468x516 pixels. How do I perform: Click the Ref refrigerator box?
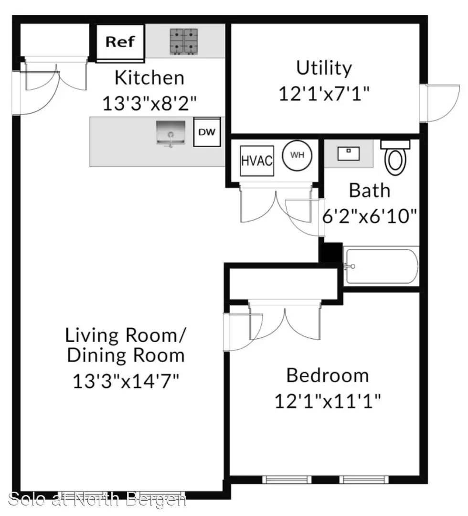[x=120, y=43]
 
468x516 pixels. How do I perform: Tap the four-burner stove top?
[x=184, y=42]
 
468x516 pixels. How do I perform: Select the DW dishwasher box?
[x=207, y=132]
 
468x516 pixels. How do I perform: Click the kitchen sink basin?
[x=170, y=133]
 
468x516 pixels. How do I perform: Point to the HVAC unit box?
[x=257, y=161]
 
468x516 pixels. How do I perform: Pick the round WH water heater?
[x=298, y=156]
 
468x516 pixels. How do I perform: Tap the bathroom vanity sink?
[x=349, y=153]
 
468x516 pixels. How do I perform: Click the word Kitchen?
[x=149, y=78]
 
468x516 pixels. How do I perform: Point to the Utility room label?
[x=324, y=68]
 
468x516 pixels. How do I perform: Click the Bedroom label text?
[x=328, y=376]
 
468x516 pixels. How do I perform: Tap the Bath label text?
[x=370, y=191]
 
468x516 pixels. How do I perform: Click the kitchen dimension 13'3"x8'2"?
[x=149, y=104]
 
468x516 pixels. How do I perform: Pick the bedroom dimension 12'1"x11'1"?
[x=328, y=401]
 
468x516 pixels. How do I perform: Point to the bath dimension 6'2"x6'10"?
[x=370, y=216]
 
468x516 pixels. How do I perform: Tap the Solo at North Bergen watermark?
[x=97, y=499]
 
